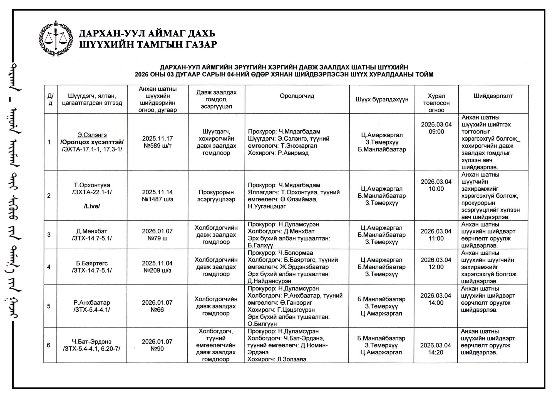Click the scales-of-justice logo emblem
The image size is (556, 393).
[x=56, y=38]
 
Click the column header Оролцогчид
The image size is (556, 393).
[x=297, y=96]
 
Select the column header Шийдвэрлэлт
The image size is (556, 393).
[x=493, y=96]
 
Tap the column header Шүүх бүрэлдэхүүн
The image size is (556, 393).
[x=382, y=100]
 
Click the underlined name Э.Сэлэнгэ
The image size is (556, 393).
[x=92, y=135]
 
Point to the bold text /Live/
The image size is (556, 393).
[x=92, y=206]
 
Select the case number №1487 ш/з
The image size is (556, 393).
[x=157, y=199]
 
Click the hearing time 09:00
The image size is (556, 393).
[x=436, y=132]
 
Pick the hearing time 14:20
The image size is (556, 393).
[x=436, y=352]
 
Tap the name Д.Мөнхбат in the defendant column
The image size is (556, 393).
[x=92, y=231]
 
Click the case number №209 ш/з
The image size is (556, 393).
[x=157, y=270]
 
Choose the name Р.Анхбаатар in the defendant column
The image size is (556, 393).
[x=92, y=303]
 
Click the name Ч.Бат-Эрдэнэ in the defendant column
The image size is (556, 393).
[x=92, y=342]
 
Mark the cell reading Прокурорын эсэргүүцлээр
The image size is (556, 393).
[x=216, y=196]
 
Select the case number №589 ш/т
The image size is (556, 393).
[x=157, y=146]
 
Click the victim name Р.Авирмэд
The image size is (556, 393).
[x=293, y=153]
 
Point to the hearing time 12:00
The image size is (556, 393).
[x=436, y=267]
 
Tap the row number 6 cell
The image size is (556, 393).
[x=49, y=345]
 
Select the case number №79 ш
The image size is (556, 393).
[x=157, y=238]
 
